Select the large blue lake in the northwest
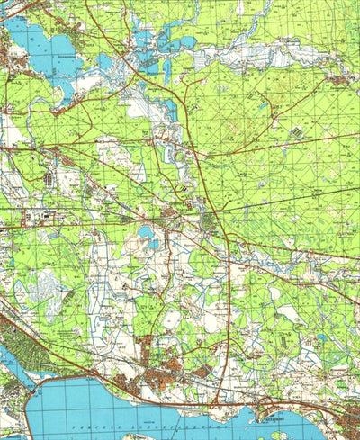pyautogui.click(x=40, y=49)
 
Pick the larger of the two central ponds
pyautogui.click(x=146, y=236)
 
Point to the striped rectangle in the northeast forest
pyautogui.click(x=296, y=132)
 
